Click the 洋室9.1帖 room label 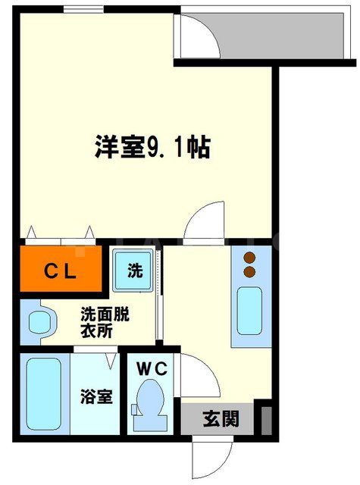152,147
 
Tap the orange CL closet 60,269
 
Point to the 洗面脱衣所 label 105,321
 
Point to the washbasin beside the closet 37,322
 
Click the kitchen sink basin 248,311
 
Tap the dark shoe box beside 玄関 266,420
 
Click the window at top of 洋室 83,9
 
